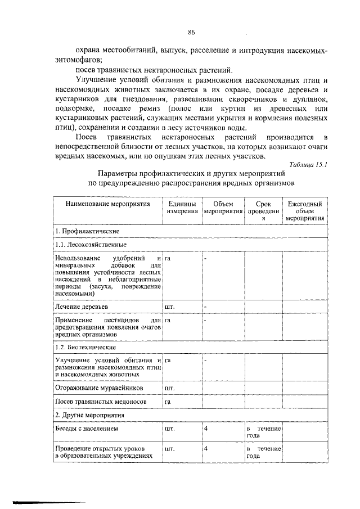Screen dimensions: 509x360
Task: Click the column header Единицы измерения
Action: (x=182, y=208)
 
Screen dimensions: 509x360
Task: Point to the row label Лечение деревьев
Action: (x=82, y=307)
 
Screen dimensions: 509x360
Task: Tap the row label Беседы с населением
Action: (x=86, y=429)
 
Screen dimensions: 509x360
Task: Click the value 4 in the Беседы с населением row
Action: (x=207, y=429)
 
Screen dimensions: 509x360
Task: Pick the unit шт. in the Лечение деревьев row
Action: (x=169, y=307)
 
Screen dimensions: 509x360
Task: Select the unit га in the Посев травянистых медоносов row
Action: (x=168, y=402)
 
